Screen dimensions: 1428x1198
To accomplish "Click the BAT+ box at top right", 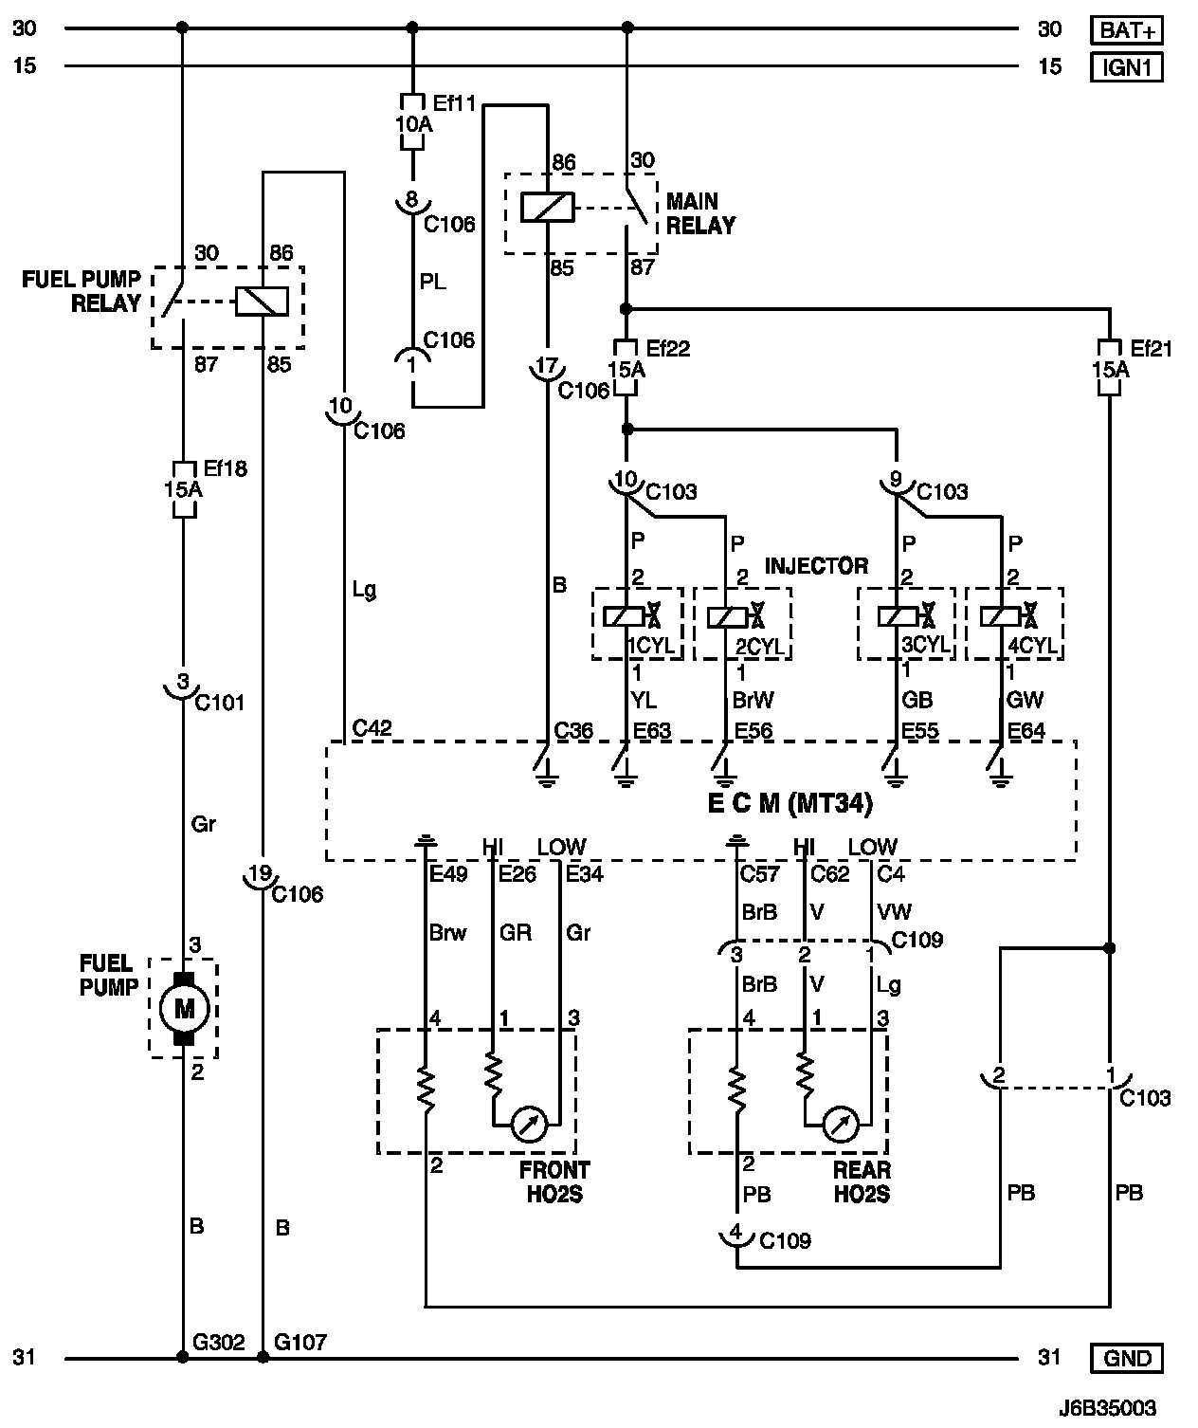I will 1127,30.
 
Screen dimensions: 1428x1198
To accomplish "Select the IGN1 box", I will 1127,67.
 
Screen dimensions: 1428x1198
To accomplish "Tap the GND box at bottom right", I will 1127,1358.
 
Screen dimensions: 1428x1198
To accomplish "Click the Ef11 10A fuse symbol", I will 412,121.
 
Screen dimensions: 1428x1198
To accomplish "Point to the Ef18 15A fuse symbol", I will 183,489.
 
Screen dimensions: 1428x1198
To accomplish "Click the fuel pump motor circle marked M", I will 184,1007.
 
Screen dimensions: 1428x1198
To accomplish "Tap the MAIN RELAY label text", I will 700,213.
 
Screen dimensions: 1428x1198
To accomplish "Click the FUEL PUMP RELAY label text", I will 82,291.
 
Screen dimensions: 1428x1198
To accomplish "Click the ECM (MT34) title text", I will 790,803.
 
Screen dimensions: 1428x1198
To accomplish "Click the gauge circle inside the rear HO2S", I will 840,1125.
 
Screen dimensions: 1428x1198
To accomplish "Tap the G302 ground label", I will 218,1342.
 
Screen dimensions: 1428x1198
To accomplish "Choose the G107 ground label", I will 299,1342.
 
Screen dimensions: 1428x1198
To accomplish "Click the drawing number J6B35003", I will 1108,1409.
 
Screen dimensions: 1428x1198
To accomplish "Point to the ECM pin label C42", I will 372,728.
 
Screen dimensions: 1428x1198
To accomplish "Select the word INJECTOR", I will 816,566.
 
